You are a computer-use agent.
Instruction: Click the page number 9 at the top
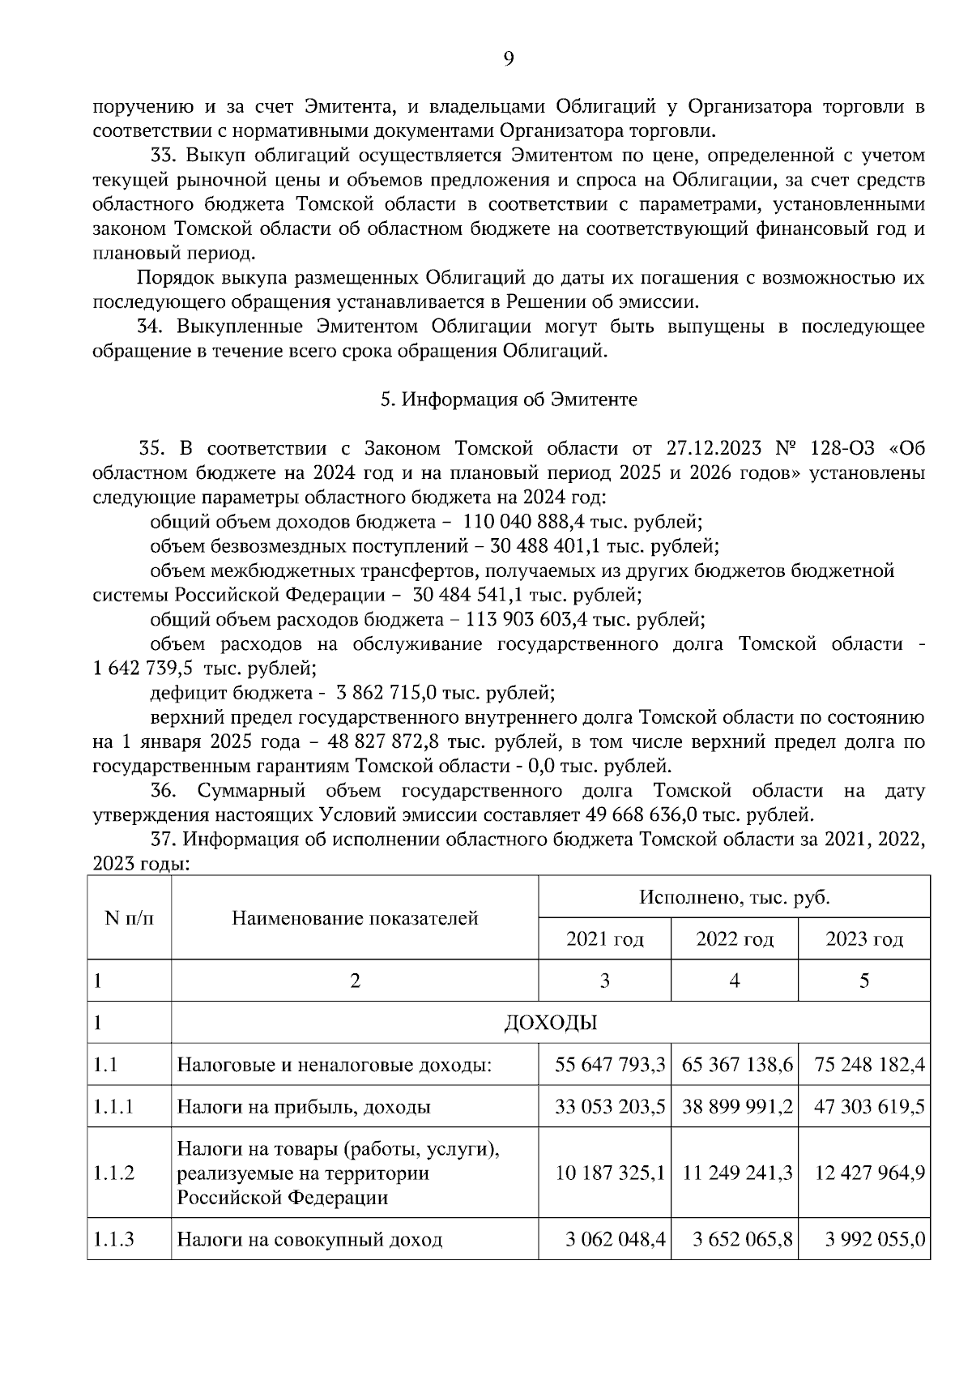(x=508, y=58)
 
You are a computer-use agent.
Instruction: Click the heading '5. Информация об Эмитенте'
(x=509, y=400)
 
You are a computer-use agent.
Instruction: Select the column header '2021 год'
(x=604, y=938)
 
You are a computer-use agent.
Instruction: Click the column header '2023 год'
(x=863, y=938)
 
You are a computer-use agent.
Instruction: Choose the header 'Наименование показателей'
(x=355, y=917)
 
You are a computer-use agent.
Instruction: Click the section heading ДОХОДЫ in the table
(x=550, y=1023)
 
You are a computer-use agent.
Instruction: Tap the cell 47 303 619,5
(x=865, y=1106)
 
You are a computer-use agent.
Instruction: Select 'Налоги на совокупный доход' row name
(x=309, y=1239)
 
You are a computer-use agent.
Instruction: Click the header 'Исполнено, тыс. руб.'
(x=734, y=897)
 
